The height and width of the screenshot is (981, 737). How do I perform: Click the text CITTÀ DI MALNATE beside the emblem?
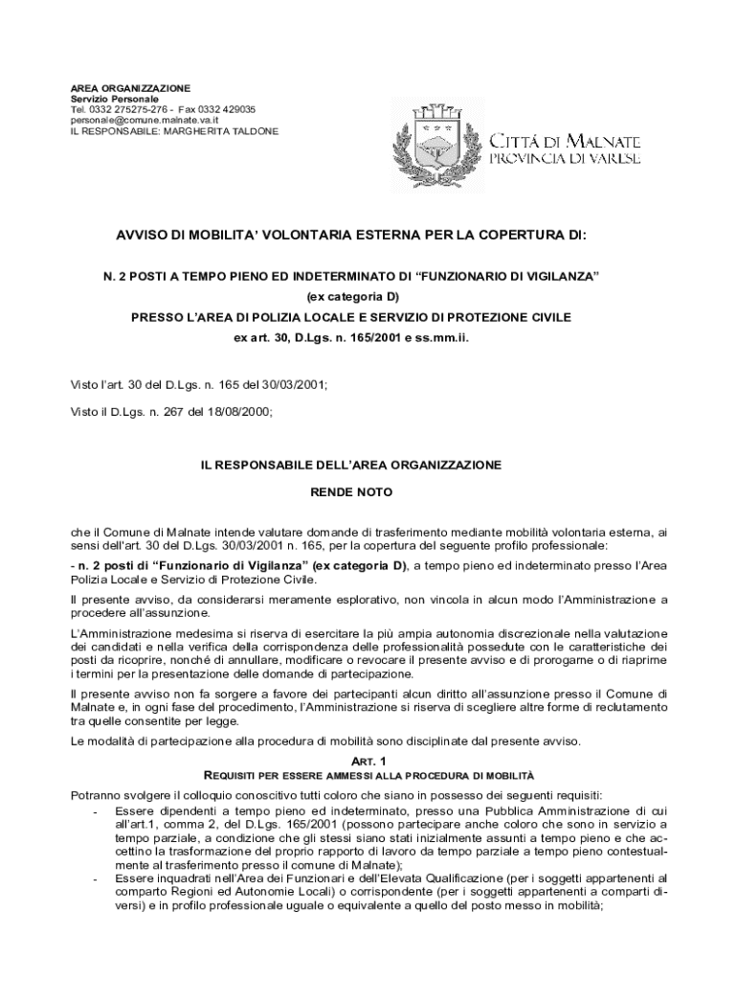566,140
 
